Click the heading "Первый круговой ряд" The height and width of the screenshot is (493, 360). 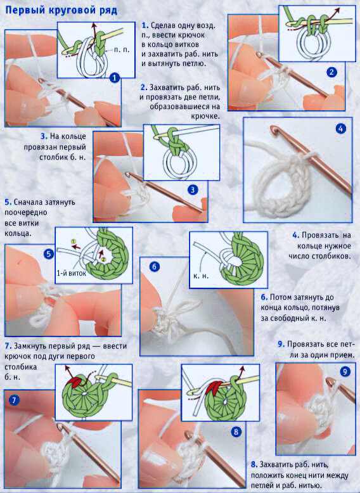tap(61, 10)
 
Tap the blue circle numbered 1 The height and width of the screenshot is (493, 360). tap(115, 78)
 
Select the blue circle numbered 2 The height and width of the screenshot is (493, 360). tap(331, 72)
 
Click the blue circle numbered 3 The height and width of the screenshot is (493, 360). tap(193, 189)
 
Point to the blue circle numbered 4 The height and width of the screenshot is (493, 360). tap(341, 129)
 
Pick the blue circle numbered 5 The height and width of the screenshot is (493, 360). tap(48, 254)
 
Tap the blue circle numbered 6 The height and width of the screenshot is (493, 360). tap(155, 267)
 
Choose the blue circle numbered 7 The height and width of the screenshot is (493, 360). tap(14, 400)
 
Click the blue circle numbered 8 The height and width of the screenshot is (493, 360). tap(236, 432)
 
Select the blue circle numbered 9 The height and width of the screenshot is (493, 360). tap(345, 372)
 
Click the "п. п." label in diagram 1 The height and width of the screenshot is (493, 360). tap(122, 50)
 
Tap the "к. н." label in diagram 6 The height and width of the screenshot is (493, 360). tap(201, 276)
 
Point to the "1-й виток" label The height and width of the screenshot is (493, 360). tap(72, 273)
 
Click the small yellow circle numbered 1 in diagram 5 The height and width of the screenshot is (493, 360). tap(74, 241)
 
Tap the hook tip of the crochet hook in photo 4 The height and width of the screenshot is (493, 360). tap(275, 129)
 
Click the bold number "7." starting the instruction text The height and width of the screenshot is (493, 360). tap(8, 346)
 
